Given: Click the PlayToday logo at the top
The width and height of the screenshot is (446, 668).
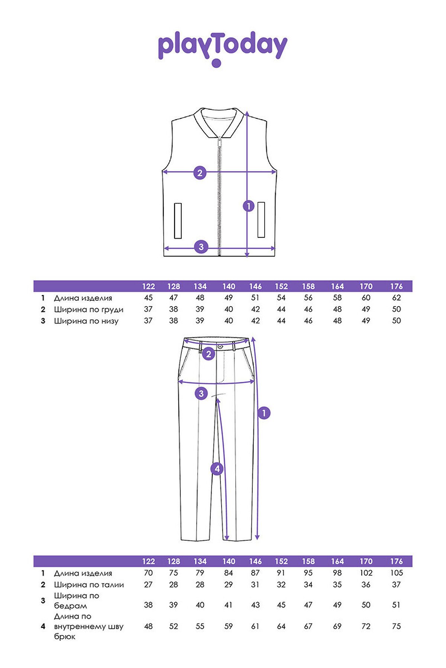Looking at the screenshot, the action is (223, 49).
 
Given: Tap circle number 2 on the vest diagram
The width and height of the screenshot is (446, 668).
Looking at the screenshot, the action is (200, 173).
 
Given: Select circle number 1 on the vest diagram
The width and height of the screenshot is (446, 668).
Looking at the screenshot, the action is (248, 206).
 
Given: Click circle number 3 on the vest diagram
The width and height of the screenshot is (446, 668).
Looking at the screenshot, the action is (201, 247).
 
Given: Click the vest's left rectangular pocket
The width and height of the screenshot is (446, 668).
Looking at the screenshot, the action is (178, 220).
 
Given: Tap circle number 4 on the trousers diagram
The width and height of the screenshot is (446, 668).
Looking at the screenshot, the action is (217, 469).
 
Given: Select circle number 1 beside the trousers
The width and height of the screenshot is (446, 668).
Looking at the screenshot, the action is (264, 413).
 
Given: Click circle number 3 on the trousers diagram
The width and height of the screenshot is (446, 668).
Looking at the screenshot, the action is (201, 393).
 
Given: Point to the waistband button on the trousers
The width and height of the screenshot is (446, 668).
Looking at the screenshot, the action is (220, 346).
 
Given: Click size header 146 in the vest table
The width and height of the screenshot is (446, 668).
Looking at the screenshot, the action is (255, 286).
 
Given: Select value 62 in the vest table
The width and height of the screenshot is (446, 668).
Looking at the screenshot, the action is (397, 298).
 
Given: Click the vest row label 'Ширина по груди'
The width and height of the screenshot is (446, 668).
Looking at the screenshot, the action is (88, 310).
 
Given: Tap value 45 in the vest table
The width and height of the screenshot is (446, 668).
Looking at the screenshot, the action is (148, 298).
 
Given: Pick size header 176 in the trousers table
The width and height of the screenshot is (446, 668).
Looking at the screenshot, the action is (397, 561).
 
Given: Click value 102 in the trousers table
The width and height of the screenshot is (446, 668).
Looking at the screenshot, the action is (366, 573).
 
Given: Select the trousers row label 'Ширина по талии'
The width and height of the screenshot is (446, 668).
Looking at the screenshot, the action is (89, 585).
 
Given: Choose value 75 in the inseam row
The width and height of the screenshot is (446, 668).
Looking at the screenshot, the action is (397, 626).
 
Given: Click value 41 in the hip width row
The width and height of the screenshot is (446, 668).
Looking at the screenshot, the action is (229, 605).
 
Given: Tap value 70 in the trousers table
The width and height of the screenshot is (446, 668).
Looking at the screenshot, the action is (148, 573).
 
